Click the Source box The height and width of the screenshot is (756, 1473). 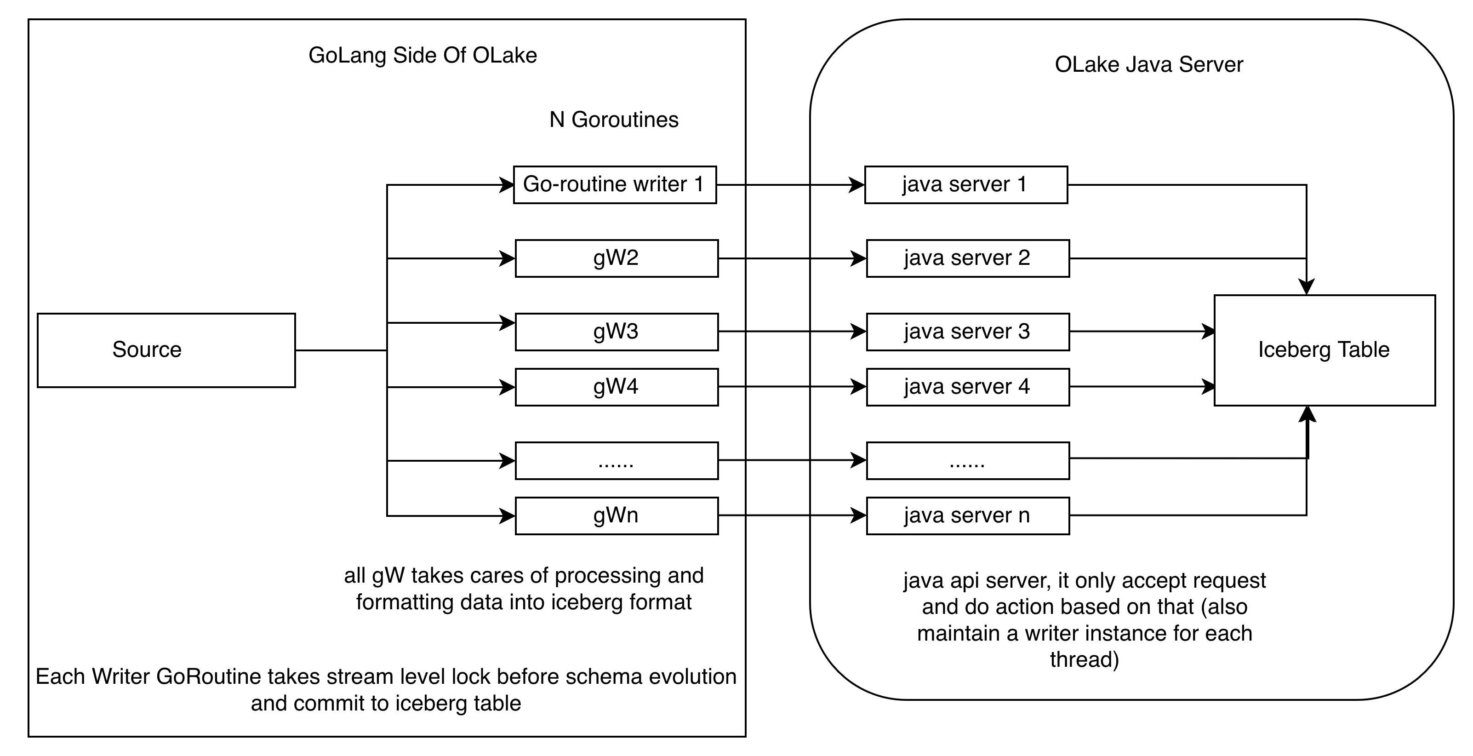pyautogui.click(x=166, y=350)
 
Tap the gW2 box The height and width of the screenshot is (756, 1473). pyautogui.click(x=617, y=258)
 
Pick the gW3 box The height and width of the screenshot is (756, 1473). pyautogui.click(x=617, y=332)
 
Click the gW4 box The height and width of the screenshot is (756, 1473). pyautogui.click(x=617, y=387)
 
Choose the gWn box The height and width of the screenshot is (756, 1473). pyautogui.click(x=617, y=516)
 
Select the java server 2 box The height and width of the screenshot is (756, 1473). pyautogui.click(x=967, y=258)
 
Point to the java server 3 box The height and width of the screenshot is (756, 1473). pyautogui.click(x=967, y=332)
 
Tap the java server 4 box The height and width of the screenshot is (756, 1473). pyautogui.click(x=967, y=387)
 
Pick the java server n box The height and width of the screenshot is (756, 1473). pyautogui.click(x=967, y=516)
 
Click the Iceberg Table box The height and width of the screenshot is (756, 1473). pyautogui.click(x=1325, y=350)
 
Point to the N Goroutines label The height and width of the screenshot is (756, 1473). pyautogui.click(x=614, y=120)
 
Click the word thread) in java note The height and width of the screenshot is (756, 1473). pyautogui.click(x=1084, y=660)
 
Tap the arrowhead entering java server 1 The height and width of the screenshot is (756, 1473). pyautogui.click(x=857, y=185)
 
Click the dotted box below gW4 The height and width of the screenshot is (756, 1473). pyautogui.click(x=617, y=460)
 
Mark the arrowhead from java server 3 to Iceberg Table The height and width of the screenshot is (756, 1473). pyautogui.click(x=1208, y=331)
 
